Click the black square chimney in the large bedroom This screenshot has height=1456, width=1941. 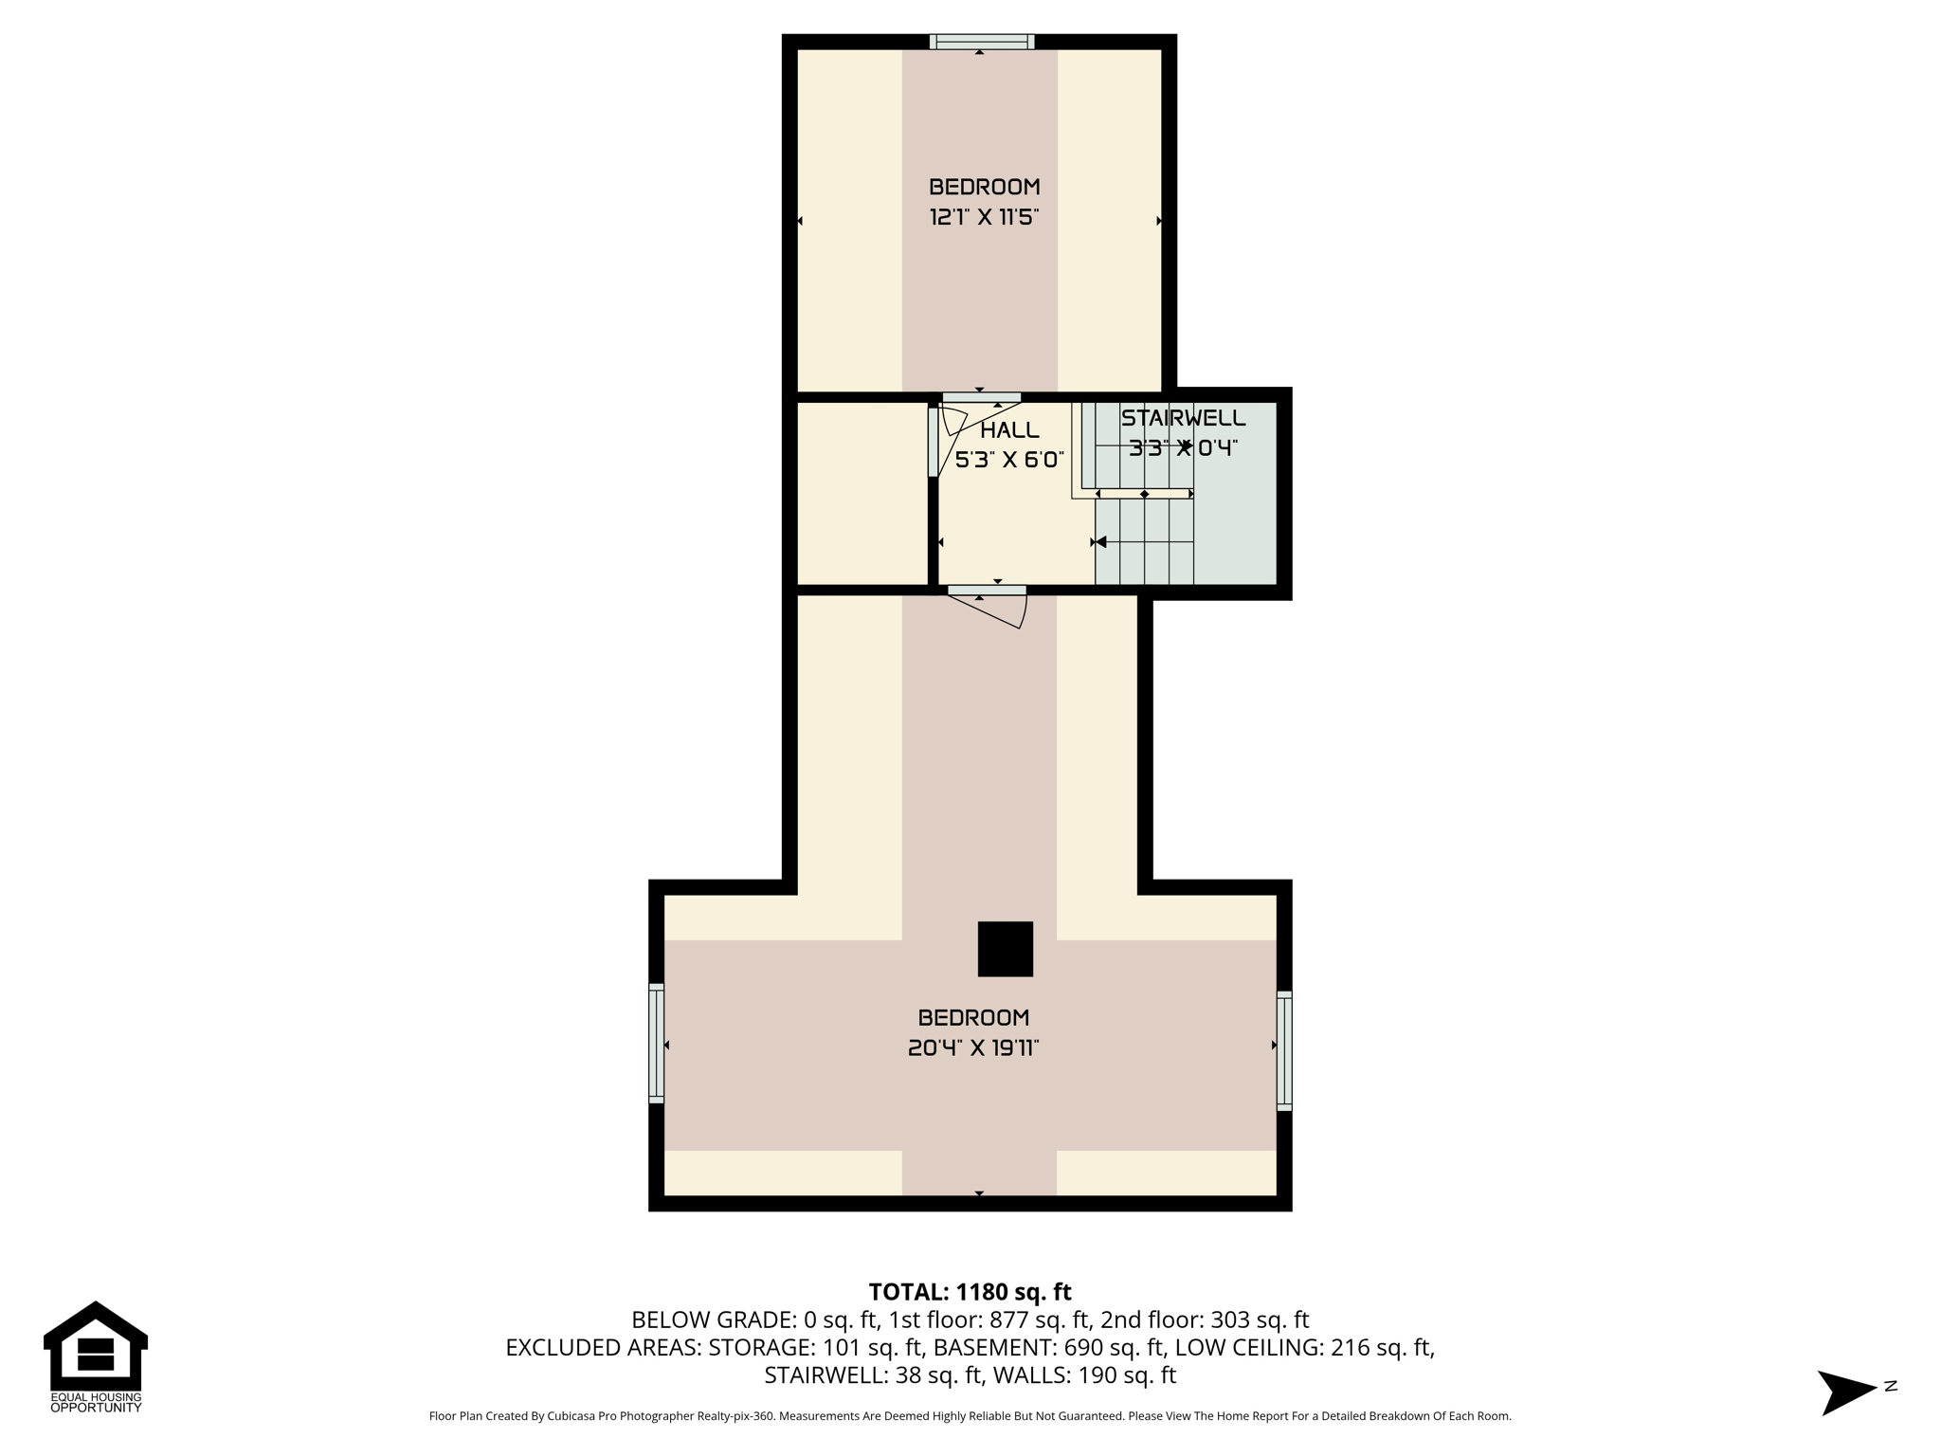pyautogui.click(x=1005, y=949)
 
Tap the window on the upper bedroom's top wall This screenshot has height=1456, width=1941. pyautogui.click(x=981, y=42)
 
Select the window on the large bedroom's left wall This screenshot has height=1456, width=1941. pyautogui.click(x=656, y=1043)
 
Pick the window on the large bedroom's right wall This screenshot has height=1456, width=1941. pyautogui.click(x=1284, y=1050)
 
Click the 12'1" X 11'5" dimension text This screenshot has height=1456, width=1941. pyautogui.click(x=984, y=217)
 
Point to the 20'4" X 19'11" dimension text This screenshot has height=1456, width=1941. pyautogui.click(x=973, y=1047)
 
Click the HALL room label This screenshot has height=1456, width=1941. pyautogui.click(x=1009, y=430)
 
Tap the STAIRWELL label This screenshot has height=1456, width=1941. pyautogui.click(x=1183, y=418)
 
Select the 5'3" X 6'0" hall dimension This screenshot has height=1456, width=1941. pyautogui.click(x=1009, y=461)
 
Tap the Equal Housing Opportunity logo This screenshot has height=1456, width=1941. pyautogui.click(x=95, y=1356)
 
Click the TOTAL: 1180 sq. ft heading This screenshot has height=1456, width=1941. pyautogui.click(x=970, y=1292)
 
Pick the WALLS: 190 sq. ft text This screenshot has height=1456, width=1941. pyautogui.click(x=1071, y=1374)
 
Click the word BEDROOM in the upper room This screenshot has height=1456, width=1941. pyautogui.click(x=984, y=187)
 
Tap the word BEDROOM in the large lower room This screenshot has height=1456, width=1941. pyautogui.click(x=973, y=1017)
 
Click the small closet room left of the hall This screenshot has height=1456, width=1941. pyautogui.click(x=862, y=493)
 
